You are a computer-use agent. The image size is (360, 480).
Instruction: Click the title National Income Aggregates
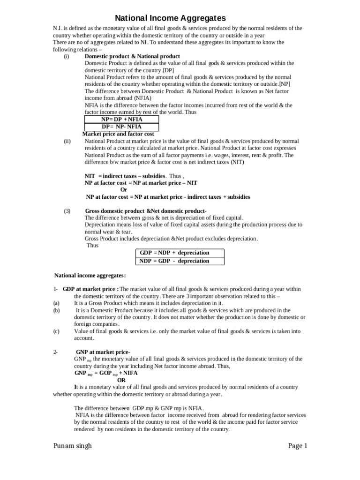tap(171, 18)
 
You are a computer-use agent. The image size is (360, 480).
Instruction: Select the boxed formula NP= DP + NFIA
tap(121, 120)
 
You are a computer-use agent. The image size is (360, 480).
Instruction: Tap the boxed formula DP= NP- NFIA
tap(121, 127)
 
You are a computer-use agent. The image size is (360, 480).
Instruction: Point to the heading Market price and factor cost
tap(118, 134)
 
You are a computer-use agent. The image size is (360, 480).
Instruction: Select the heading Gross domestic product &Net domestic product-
tap(146, 211)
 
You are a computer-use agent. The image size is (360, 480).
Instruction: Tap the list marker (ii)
tap(67, 141)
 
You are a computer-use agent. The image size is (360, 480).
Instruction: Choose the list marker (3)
tap(67, 211)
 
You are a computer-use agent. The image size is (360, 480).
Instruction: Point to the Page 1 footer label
tap(297, 446)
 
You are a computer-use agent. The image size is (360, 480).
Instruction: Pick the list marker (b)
tap(56, 310)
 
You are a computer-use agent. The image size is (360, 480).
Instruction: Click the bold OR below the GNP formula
tap(121, 380)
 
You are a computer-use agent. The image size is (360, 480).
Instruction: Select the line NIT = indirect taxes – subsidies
tap(125, 176)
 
